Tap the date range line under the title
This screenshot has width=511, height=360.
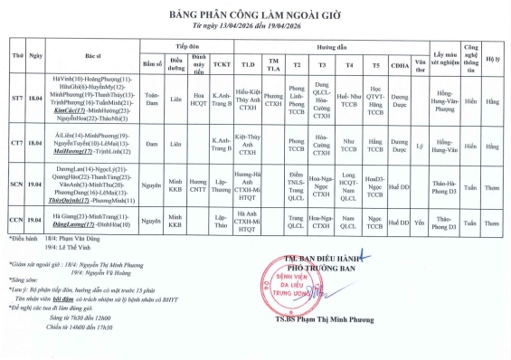coord(256,26)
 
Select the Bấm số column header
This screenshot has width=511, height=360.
coord(153,64)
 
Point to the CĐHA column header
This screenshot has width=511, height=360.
coord(399,64)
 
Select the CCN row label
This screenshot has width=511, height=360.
coord(16,219)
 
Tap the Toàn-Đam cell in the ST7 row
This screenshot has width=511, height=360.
coord(153,98)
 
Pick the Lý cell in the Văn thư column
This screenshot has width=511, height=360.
coord(419,143)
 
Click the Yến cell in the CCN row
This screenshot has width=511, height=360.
coord(419,219)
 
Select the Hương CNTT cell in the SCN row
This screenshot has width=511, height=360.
coord(198,186)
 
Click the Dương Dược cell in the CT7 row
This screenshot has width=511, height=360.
coord(399,143)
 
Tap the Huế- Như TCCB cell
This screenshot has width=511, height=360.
coord(349,98)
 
